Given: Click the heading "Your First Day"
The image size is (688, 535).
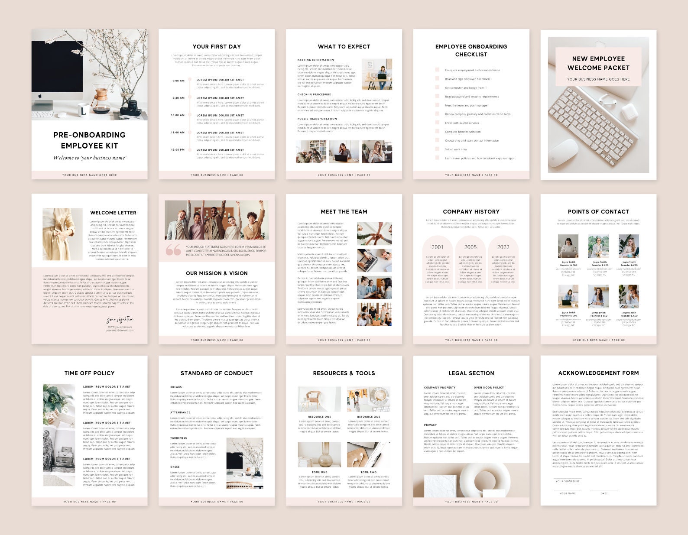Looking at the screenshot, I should coord(217,46).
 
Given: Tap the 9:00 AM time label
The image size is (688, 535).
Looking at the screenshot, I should coord(178,81).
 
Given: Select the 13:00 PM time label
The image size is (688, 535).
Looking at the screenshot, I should coord(178,150).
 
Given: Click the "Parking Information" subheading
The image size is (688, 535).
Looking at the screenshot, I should coord(315,60).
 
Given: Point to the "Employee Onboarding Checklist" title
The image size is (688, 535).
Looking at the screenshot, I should coord(471,50).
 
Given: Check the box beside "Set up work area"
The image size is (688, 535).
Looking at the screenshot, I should coord(437,149).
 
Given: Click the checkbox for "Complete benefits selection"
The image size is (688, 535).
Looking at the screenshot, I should coord(437,132).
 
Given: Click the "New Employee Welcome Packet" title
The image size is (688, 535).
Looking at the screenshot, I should coord(598,63).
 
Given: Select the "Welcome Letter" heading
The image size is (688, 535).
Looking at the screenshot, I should coord(113,213).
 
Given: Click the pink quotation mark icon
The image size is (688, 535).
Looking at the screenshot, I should coord(173,250).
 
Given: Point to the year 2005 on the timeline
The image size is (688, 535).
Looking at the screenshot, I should coord(471,247).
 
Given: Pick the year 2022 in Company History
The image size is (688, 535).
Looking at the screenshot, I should coord(503,247).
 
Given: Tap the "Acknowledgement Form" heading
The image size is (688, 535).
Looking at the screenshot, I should coord(598,373).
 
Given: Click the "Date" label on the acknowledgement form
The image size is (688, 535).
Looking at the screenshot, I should coord(604,493).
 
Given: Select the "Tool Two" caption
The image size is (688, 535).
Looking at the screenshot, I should coord(369,472).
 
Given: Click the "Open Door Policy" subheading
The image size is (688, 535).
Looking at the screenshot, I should coord(489,388).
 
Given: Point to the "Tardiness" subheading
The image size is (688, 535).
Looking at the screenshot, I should coord(178,438).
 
